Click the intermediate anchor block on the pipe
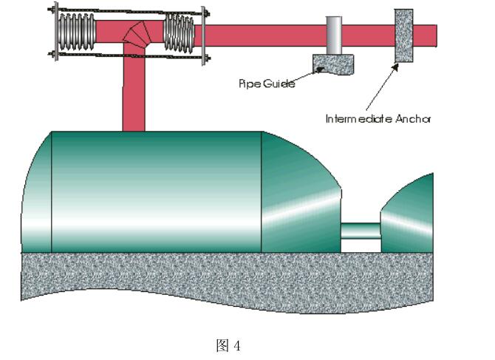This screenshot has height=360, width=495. click(x=403, y=35)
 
